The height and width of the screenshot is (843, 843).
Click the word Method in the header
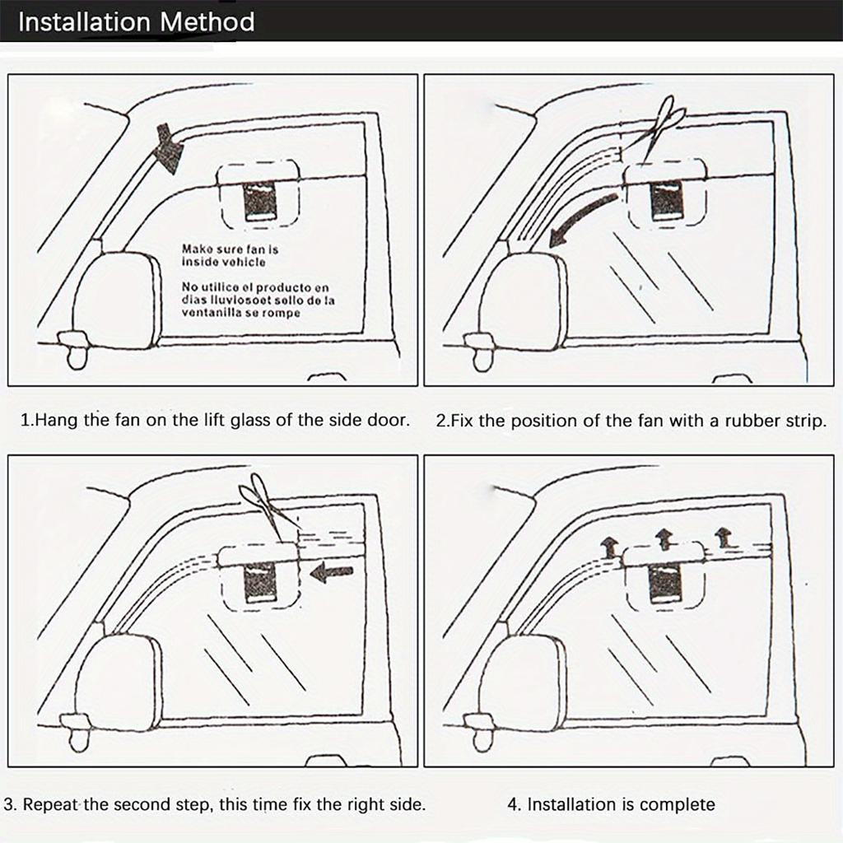click(207, 21)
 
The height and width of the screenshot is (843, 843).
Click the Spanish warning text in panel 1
click(258, 300)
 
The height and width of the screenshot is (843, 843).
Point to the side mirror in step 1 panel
click(115, 300)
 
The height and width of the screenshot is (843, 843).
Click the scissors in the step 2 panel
click(663, 125)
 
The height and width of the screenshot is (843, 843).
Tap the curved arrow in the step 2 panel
click(582, 220)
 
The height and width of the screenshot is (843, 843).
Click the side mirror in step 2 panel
click(524, 300)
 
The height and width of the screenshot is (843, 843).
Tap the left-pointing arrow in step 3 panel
click(333, 572)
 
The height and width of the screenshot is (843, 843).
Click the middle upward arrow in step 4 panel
click(664, 539)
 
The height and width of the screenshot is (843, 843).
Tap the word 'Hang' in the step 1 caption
click(58, 421)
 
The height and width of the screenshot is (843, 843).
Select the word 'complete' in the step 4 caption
click(677, 804)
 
